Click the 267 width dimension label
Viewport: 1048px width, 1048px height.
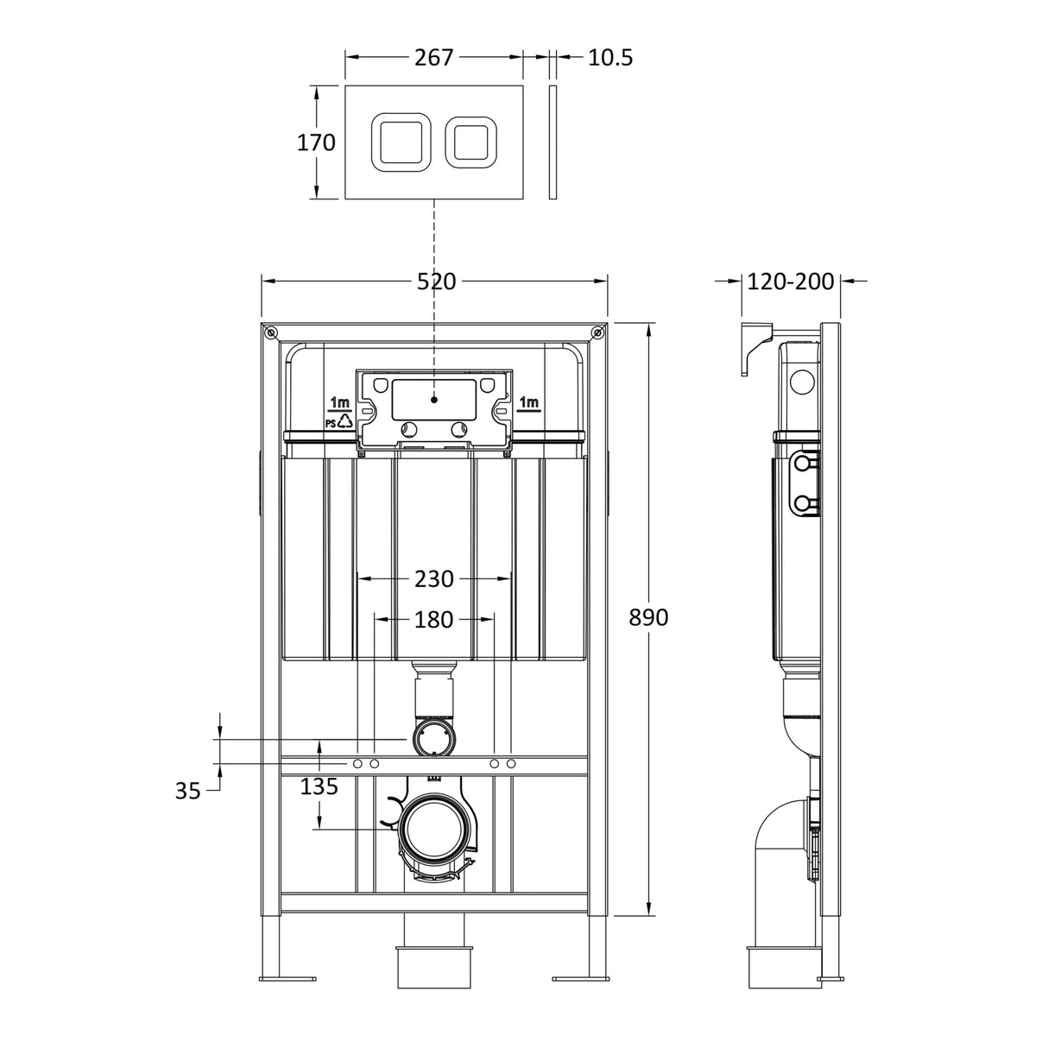[x=433, y=58]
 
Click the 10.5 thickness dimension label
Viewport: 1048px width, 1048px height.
[x=610, y=58]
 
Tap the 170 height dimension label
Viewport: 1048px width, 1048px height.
[x=316, y=142]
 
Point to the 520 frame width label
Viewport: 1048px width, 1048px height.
[x=436, y=281]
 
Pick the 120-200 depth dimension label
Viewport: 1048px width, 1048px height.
[x=791, y=281]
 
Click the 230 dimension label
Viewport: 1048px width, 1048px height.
[x=434, y=579]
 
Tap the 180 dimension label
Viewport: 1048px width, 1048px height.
[x=433, y=619]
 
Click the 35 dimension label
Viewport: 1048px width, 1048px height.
[x=187, y=790]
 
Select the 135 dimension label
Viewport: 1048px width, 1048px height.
[x=319, y=786]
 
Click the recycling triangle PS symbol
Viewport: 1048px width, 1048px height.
[x=344, y=421]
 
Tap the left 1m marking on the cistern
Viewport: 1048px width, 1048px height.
[x=339, y=402]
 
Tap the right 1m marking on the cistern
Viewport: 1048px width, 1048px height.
[x=529, y=402]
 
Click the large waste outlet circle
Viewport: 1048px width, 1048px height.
[x=436, y=830]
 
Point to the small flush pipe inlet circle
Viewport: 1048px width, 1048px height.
[x=434, y=739]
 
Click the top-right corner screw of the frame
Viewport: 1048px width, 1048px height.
[x=597, y=332]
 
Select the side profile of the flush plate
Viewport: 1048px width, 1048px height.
[x=552, y=142]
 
